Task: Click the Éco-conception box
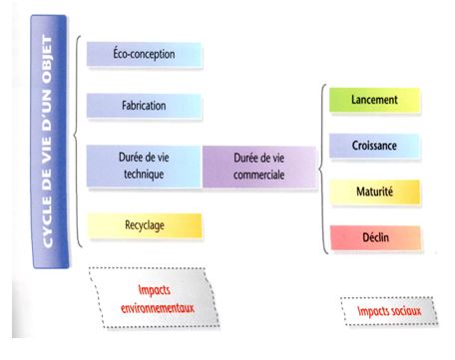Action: pyautogui.click(x=144, y=54)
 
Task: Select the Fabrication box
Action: pyautogui.click(x=144, y=105)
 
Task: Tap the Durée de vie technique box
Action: pyautogui.click(x=144, y=166)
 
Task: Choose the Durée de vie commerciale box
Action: pyautogui.click(x=258, y=166)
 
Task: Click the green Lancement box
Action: pyautogui.click(x=375, y=100)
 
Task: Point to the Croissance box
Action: pyautogui.click(x=375, y=146)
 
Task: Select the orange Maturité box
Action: pyautogui.click(x=375, y=190)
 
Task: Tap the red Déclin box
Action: pyautogui.click(x=375, y=236)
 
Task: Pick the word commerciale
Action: pyautogui.click(x=258, y=174)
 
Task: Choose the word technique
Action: pyautogui.click(x=144, y=174)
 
